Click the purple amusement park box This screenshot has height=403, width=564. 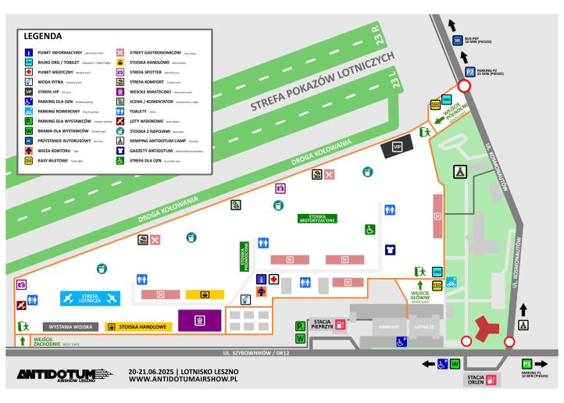(x=199, y=319)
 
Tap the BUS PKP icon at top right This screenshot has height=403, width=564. (x=458, y=41)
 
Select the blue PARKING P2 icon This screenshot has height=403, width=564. (x=469, y=72)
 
